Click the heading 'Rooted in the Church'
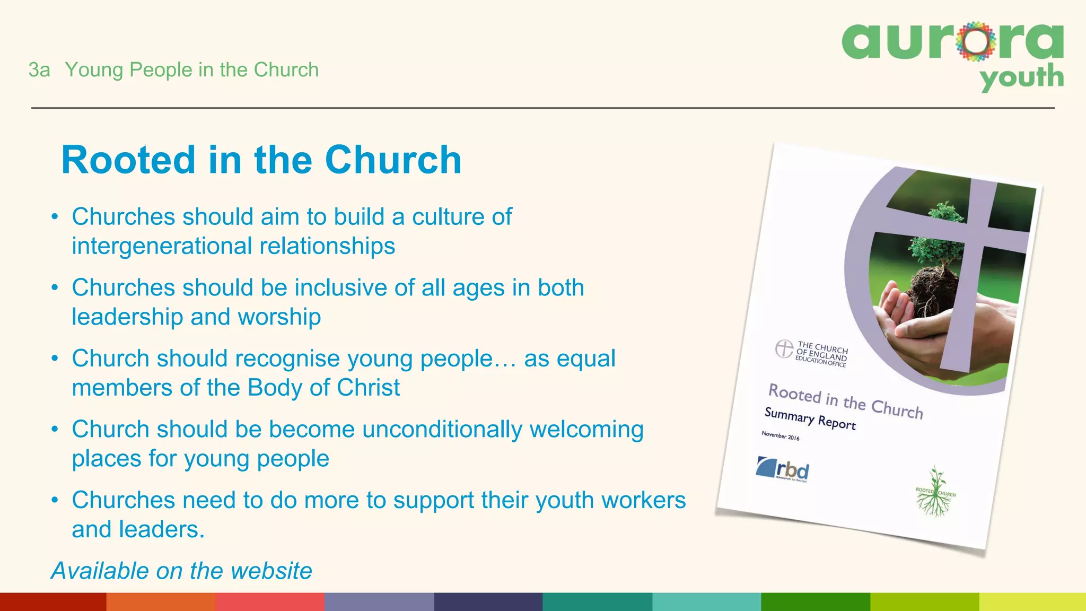click(261, 160)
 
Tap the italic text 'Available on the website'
click(181, 571)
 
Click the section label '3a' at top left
click(39, 70)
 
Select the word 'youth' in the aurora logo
click(1021, 78)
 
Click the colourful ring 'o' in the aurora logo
click(976, 41)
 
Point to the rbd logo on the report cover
click(783, 469)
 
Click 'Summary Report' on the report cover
click(810, 418)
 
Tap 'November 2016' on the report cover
click(780, 435)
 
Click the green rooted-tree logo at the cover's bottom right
click(935, 493)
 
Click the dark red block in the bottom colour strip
click(53, 602)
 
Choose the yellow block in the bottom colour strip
click(1032, 602)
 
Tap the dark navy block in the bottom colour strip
click(488, 602)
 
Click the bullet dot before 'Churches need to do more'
click(55, 500)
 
